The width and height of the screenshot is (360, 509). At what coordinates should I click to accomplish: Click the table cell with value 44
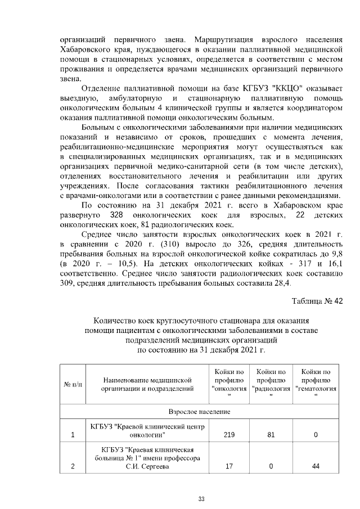[316, 466]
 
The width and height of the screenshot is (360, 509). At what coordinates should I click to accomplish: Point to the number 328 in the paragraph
[116, 215]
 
